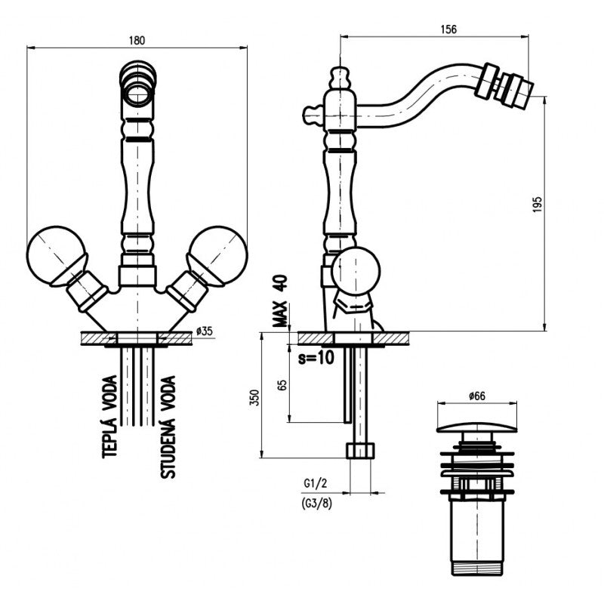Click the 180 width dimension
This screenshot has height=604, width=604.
coord(137,41)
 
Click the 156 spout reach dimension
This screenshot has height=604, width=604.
coord(448,29)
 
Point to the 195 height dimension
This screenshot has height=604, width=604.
coord(538,205)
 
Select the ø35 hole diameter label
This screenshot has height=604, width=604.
coord(204,331)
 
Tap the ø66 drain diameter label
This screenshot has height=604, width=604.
coord(477,396)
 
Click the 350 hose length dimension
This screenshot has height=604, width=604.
coord(255,398)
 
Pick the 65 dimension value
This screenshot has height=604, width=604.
coord(282,385)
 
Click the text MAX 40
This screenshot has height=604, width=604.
coord(280,300)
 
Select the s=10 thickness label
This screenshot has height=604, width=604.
coord(316,358)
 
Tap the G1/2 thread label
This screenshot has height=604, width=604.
coord(315,483)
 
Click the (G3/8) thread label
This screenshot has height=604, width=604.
coord(316,504)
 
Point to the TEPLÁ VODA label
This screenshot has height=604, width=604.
coord(109,417)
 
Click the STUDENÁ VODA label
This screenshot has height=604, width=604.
coord(168,427)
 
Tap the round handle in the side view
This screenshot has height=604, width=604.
coord(356,272)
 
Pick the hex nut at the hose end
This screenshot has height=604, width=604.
coord(360,450)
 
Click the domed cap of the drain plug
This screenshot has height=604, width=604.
coord(476,427)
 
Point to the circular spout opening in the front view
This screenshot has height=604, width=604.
coord(137,94)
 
